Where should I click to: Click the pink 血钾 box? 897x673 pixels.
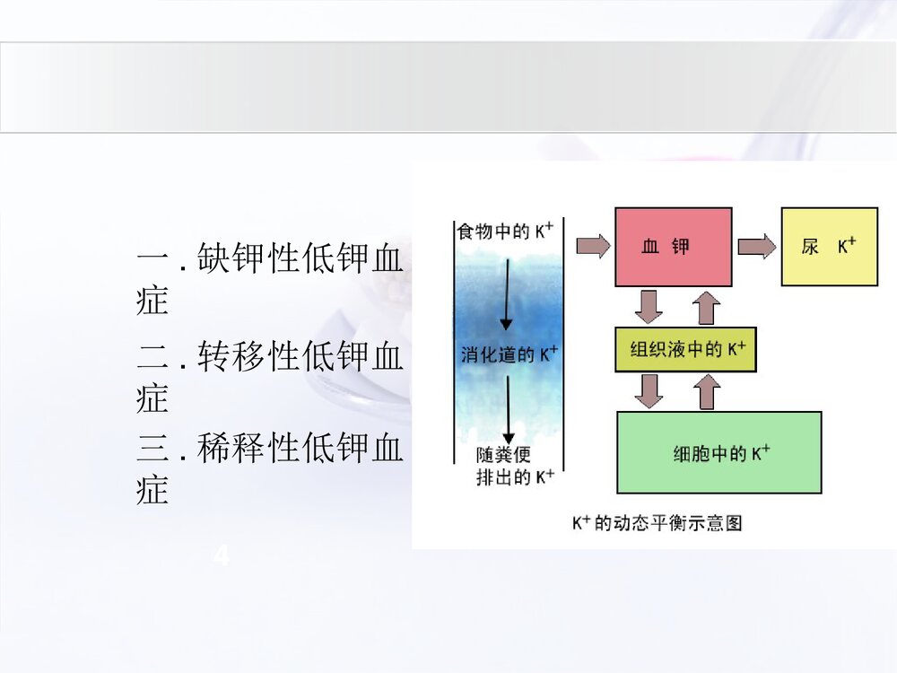coord(673,247)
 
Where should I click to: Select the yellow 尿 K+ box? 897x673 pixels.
coord(830,247)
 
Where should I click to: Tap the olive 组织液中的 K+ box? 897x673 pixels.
coord(686,349)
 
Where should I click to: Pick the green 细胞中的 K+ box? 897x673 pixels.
coord(719,452)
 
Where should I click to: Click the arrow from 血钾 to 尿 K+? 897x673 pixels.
coord(755,247)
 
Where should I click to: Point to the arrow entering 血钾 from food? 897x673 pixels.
coord(592,245)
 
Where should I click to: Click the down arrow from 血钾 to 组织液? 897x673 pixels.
coord(648,306)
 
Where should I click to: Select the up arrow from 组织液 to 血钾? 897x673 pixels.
coord(708,308)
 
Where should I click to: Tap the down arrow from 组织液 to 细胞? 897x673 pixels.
coord(648,390)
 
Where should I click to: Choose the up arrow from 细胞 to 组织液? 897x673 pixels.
coord(708,391)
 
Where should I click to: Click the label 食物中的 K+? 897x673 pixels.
coord(505,232)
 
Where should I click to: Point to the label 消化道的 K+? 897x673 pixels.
coord(509,354)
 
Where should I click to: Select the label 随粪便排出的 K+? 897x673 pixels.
coord(514,467)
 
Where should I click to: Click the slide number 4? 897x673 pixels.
coord(221,557)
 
